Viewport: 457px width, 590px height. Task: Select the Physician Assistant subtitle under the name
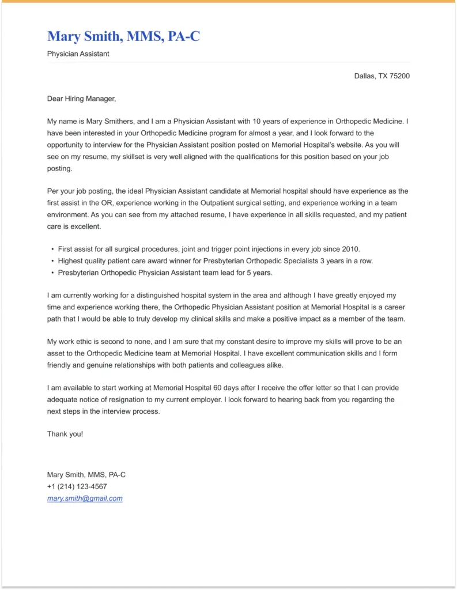(78, 54)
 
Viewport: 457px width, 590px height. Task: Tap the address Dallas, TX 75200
(382, 76)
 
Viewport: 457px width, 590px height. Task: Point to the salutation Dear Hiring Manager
(81, 99)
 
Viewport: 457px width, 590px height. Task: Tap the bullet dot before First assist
(52, 249)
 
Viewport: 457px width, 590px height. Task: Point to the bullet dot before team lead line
(52, 273)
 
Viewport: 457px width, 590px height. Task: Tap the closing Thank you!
(65, 434)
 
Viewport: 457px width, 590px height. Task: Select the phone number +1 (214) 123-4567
(77, 486)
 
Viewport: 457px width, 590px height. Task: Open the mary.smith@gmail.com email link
(85, 498)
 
